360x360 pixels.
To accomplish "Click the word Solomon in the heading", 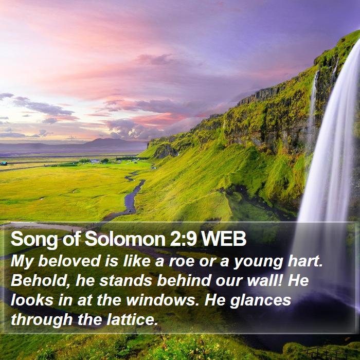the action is (x=125, y=239).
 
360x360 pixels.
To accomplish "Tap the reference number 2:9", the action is (x=183, y=239).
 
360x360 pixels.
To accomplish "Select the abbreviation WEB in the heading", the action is (x=224, y=239).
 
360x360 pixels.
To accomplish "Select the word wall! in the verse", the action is (x=265, y=281).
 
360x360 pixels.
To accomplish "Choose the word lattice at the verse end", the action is (x=133, y=320).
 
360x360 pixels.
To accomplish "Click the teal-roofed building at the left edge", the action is (x=4, y=163).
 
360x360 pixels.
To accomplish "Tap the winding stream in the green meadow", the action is (x=133, y=195).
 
